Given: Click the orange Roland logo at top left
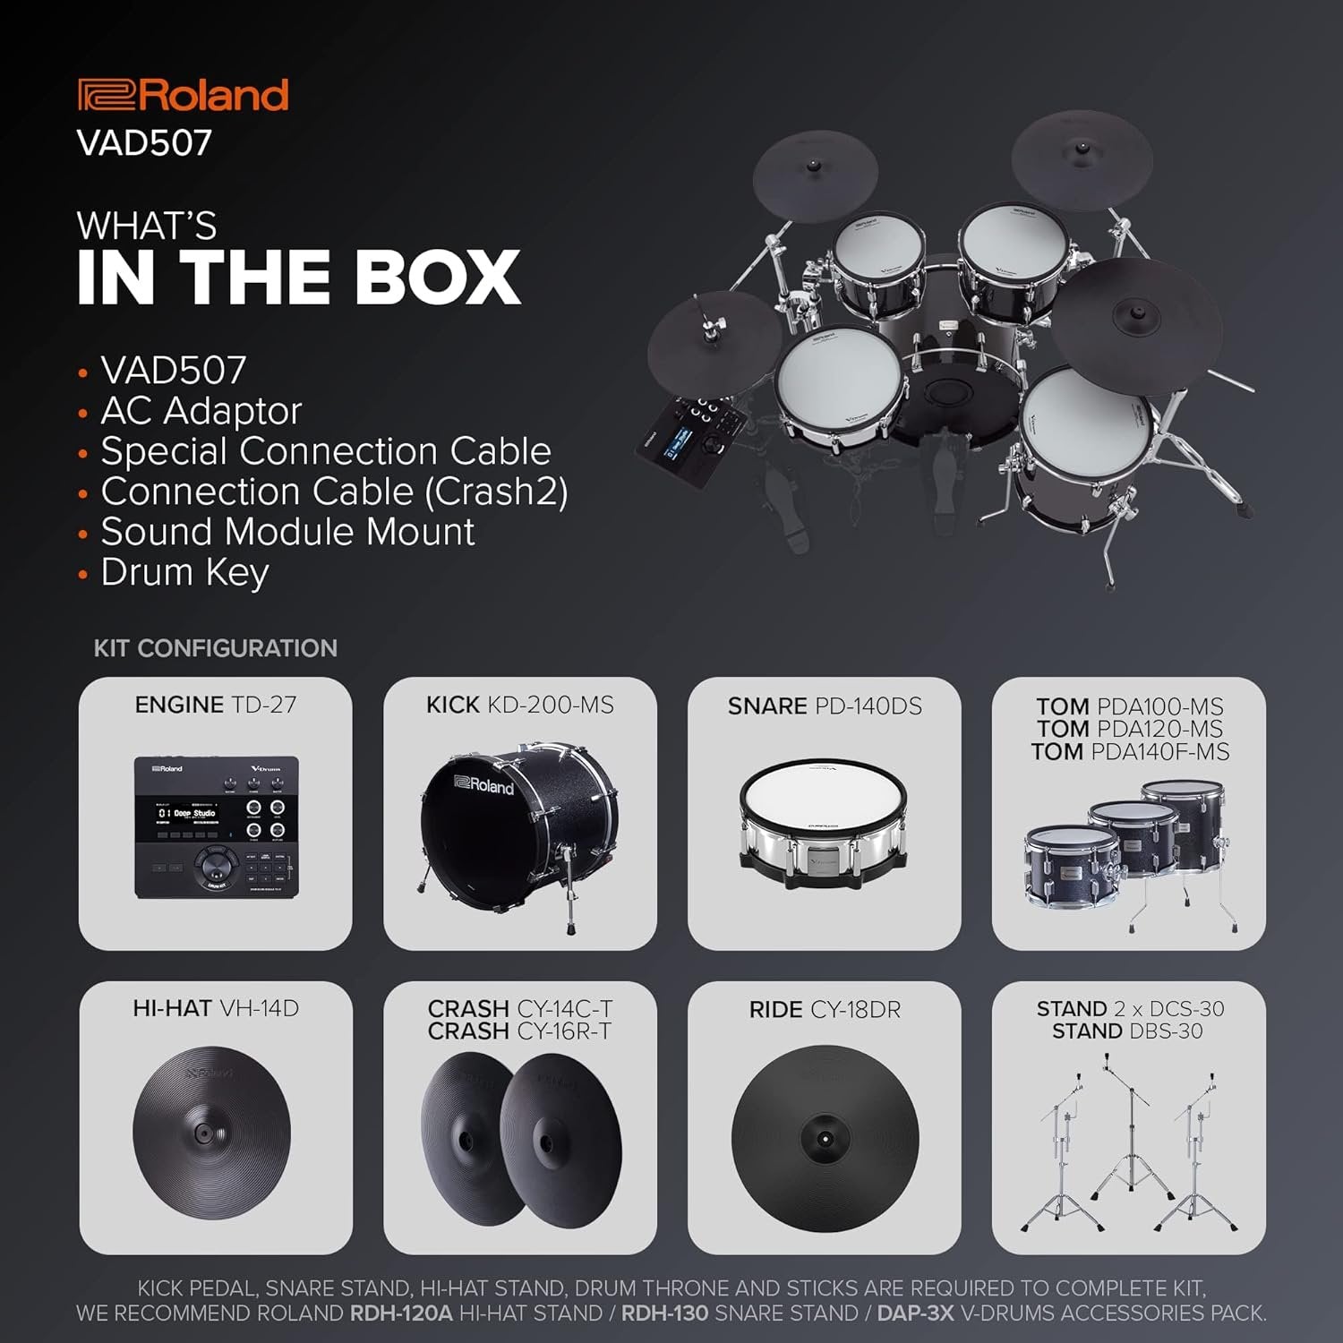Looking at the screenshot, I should point(184,95).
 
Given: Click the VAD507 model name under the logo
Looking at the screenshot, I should point(145,143).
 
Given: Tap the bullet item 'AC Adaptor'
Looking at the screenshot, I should point(201,411).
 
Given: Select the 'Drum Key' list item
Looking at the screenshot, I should point(184,572).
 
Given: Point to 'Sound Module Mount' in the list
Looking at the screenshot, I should point(287,532).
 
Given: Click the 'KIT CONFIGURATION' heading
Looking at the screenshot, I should point(216,648).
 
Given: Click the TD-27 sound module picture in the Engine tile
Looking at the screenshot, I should point(216,826).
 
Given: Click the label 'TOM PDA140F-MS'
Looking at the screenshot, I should point(1130,752).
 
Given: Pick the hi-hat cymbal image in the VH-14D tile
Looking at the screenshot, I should point(212,1131).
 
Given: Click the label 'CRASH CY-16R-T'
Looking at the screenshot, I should point(519,1031).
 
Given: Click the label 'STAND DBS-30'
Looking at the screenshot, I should point(1127,1031).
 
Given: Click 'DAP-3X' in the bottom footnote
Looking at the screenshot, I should point(915,1313).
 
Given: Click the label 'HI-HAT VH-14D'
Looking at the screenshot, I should point(216,1009).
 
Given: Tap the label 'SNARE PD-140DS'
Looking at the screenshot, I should point(825,706).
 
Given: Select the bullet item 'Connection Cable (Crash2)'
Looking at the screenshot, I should point(334,492).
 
